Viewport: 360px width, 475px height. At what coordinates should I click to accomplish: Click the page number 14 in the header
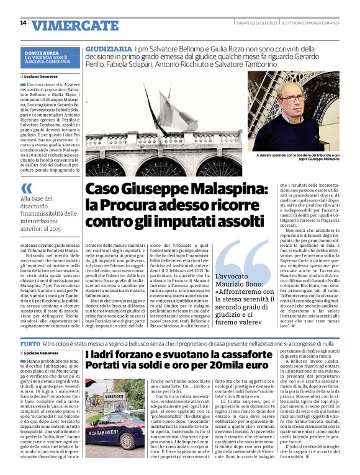(23, 23)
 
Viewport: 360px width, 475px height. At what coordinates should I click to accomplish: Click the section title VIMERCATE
(75, 25)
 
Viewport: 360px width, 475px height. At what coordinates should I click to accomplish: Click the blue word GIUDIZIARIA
(109, 48)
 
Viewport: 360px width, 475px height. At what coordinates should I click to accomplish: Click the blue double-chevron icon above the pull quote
(26, 188)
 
